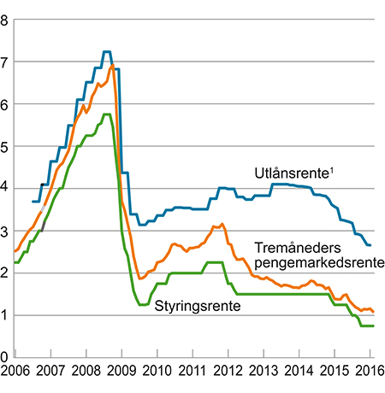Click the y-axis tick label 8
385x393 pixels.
coord(5,20)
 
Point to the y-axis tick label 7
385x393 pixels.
coord(5,62)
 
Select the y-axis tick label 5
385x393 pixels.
coord(5,146)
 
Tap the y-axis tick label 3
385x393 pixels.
coord(5,231)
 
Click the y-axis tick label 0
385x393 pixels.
coord(5,357)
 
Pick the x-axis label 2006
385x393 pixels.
coord(15,373)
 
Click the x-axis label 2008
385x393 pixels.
coord(86,373)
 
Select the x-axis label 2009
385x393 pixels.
coord(121,373)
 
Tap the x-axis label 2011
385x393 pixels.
coord(192,373)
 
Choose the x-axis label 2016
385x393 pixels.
coord(370,373)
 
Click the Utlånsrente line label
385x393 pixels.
coord(292,173)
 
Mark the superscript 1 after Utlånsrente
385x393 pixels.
coord(334,169)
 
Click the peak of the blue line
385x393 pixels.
coord(107,52)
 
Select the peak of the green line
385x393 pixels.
coord(106,114)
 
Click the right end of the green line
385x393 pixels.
coord(373,326)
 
